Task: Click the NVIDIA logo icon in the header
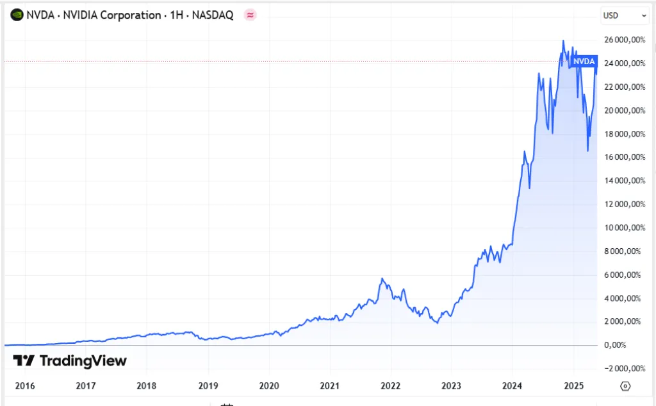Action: point(17,14)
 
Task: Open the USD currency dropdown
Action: point(625,15)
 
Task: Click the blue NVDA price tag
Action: point(584,61)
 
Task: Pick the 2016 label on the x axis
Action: point(24,386)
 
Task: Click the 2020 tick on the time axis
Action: point(268,386)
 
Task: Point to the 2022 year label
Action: point(390,386)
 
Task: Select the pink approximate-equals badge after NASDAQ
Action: point(250,15)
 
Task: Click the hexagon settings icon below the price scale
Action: point(626,386)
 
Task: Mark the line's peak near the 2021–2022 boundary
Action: point(382,278)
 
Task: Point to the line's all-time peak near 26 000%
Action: point(563,41)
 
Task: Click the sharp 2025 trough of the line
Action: point(587,151)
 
